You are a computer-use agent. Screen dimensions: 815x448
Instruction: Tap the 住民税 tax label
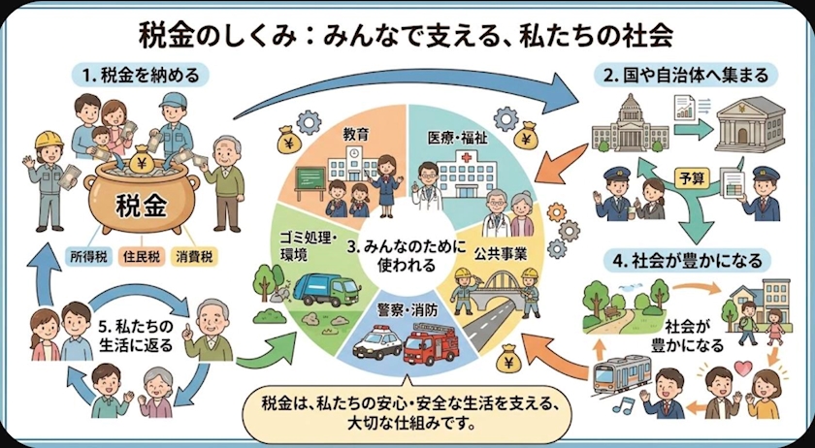[142, 256]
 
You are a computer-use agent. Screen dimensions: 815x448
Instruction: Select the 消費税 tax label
[194, 256]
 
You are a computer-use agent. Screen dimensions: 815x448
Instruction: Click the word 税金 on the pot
[142, 208]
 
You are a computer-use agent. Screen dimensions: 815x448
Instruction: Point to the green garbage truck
[326, 288]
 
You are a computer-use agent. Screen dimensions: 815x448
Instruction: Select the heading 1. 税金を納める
[141, 76]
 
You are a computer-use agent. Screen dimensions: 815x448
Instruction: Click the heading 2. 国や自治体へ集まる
[686, 76]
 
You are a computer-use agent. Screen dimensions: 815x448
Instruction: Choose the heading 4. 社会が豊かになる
[687, 259]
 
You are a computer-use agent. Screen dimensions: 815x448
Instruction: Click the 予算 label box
[692, 178]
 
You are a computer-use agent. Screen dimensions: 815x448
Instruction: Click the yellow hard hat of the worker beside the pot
[49, 140]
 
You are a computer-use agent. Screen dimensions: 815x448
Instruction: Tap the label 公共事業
[500, 254]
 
